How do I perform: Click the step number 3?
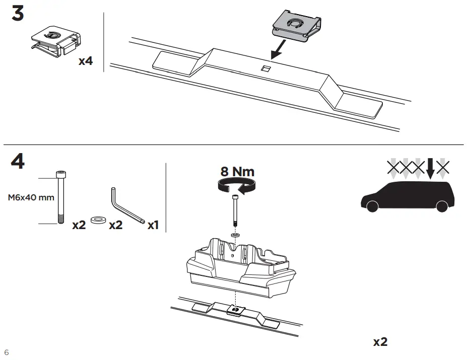pos(18,14)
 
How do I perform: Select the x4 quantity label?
pos(86,61)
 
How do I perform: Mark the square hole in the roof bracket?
pos(265,68)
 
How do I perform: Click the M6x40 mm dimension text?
pos(31,197)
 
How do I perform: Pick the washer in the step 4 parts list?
pos(97,220)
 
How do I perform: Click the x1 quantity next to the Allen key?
pos(153,225)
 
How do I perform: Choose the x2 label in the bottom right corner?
pos(380,342)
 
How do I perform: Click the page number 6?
pos(6,351)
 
